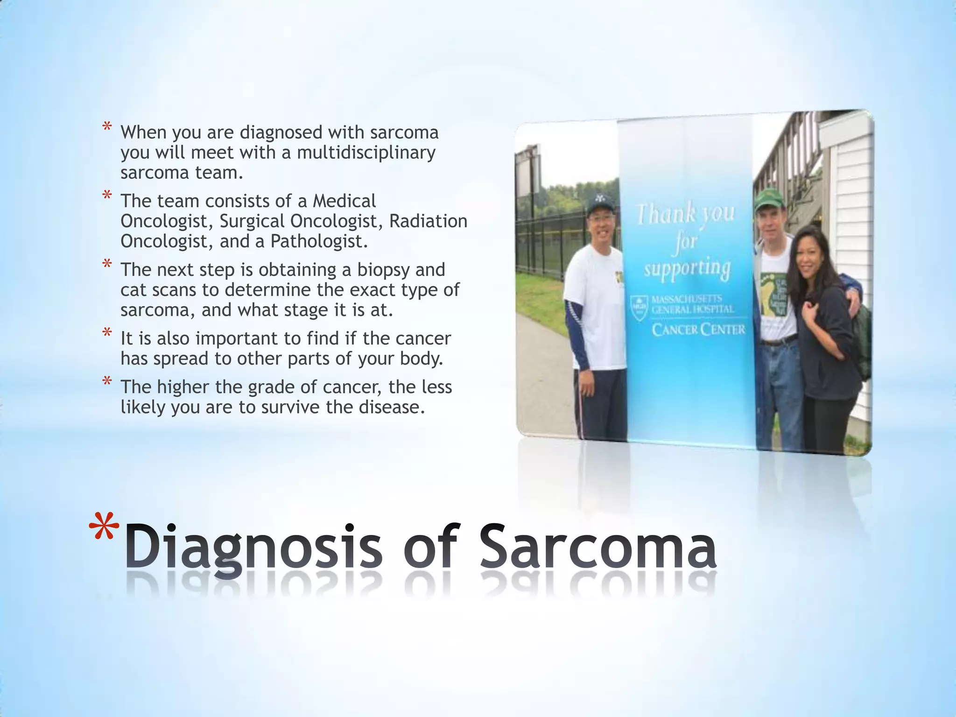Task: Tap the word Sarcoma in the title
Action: (598, 546)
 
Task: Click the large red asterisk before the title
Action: (104, 530)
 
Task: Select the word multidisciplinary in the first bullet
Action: (366, 153)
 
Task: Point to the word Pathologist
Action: (319, 241)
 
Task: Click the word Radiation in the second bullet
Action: (428, 221)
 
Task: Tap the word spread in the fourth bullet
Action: (182, 358)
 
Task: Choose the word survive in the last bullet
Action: (290, 407)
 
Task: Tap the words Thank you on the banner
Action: (685, 214)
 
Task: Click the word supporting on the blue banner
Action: (687, 268)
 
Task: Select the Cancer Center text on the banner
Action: (698, 330)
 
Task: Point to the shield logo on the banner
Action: (638, 307)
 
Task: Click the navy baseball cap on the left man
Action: (599, 202)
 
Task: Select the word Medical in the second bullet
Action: (344, 201)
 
